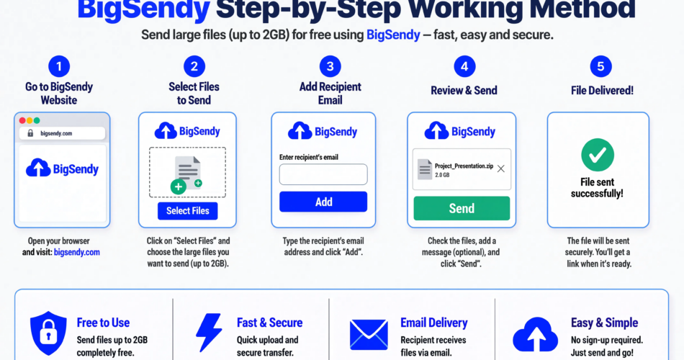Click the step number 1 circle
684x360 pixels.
(59, 66)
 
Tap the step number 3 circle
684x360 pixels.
(330, 66)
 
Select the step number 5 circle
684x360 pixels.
(600, 66)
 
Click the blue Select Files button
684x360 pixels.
(188, 211)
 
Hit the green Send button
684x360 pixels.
(462, 208)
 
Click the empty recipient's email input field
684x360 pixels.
(323, 174)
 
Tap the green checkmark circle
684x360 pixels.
(598, 155)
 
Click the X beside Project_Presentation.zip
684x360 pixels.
(501, 169)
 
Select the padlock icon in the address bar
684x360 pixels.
(30, 133)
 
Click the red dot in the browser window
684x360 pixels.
(22, 120)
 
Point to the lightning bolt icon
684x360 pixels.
(209, 332)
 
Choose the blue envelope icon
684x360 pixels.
(369, 335)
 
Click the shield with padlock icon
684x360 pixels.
(48, 333)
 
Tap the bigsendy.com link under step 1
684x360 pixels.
(77, 252)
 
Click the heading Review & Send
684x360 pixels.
(464, 90)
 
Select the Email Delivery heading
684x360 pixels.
(434, 323)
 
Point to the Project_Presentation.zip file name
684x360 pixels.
(464, 166)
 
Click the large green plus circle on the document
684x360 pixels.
(178, 186)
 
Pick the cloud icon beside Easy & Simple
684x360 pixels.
(535, 334)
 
